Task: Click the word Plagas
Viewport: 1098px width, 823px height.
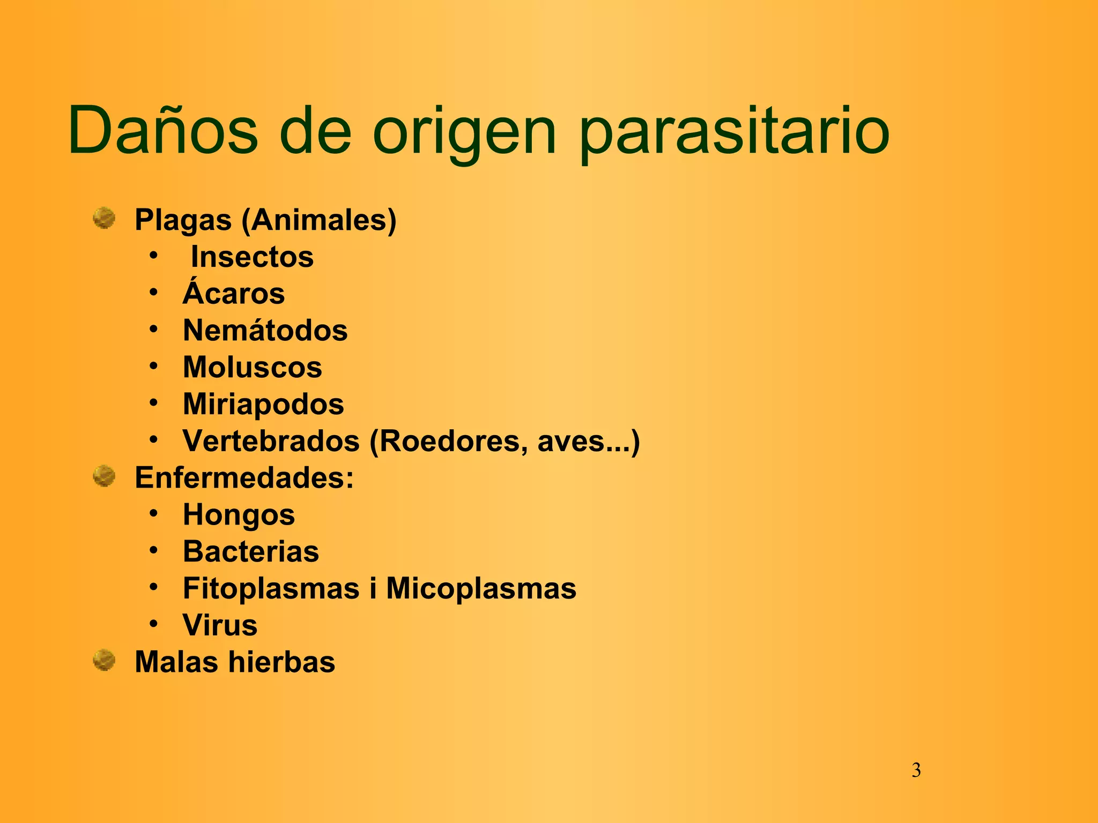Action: pos(183,220)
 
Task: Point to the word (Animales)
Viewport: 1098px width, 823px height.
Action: pos(319,220)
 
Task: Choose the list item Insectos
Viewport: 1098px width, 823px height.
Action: pos(252,257)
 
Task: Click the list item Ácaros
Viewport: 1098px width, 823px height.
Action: pos(234,293)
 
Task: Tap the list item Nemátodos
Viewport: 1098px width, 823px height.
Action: pos(265,330)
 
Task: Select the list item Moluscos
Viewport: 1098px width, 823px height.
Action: pos(253,367)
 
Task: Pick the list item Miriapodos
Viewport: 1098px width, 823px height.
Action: pos(263,404)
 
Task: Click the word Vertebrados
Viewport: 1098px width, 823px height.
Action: pos(271,441)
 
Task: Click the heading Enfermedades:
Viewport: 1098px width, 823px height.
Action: pos(244,477)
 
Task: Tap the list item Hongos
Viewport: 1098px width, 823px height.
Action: pos(239,514)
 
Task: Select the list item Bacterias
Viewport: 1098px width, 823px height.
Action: pos(251,551)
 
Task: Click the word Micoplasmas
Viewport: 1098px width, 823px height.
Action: pos(481,588)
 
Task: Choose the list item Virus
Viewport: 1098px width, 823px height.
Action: pos(220,625)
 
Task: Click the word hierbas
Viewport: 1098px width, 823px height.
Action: pos(281,662)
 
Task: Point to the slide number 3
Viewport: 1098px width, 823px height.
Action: pos(916,770)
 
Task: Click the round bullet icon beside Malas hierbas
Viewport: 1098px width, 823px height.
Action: pos(104,660)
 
